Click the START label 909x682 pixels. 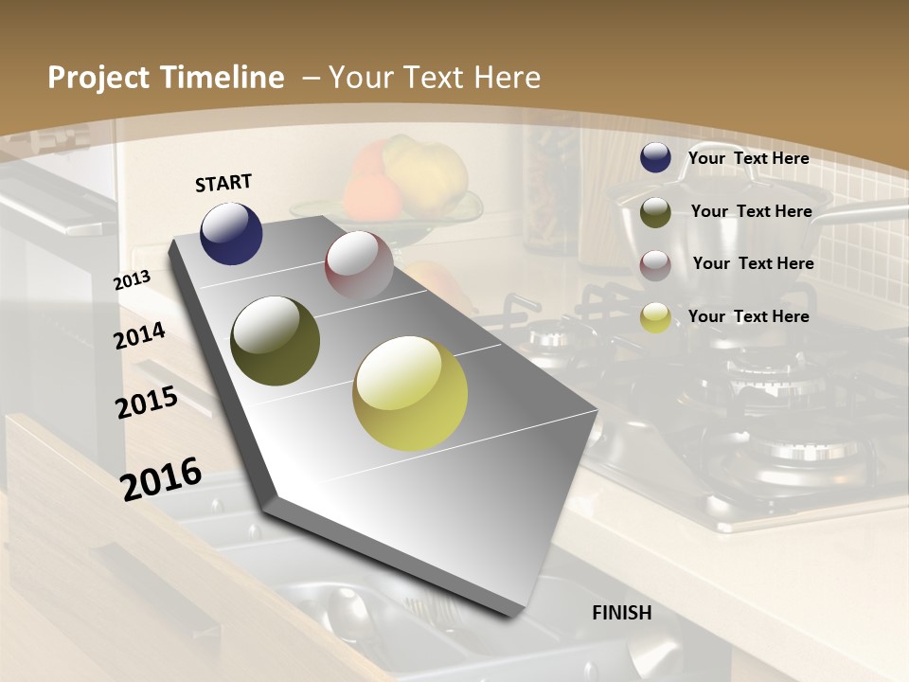[x=223, y=183]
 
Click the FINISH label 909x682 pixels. [x=621, y=613]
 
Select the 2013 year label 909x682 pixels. [x=132, y=280]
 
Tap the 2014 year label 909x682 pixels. [x=140, y=335]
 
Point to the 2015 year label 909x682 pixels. [x=147, y=403]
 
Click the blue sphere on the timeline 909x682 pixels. [x=231, y=233]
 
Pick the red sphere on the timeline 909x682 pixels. [x=359, y=264]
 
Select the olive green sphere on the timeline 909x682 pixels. [x=275, y=341]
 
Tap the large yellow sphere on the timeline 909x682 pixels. [x=410, y=392]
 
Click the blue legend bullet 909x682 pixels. [x=655, y=158]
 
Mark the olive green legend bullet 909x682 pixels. [x=655, y=212]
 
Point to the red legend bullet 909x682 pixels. [x=655, y=265]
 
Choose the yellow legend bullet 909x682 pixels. [x=655, y=317]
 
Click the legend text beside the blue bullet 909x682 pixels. [x=748, y=158]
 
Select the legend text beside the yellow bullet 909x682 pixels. [x=748, y=316]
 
